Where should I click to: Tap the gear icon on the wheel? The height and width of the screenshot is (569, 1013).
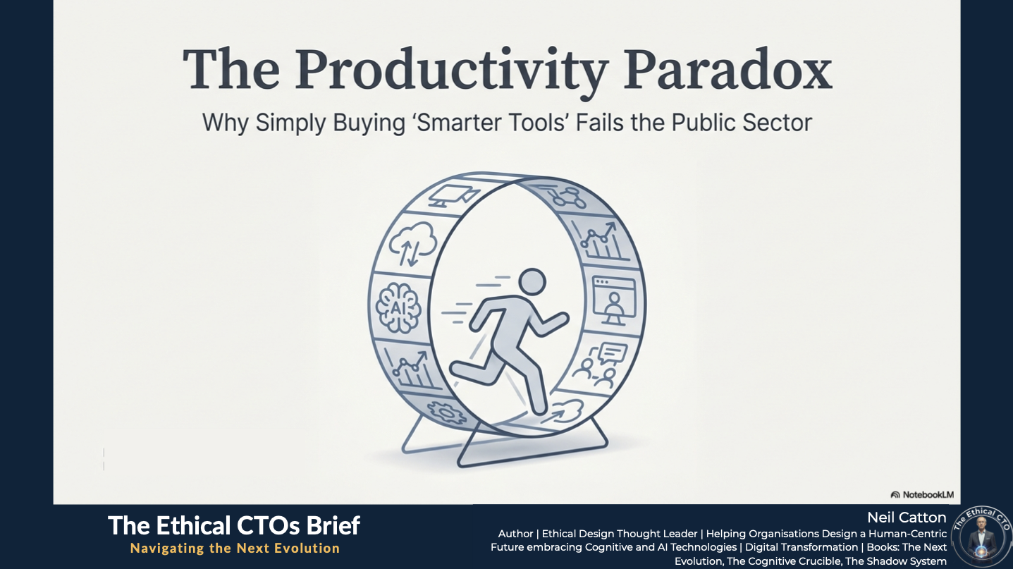(x=447, y=412)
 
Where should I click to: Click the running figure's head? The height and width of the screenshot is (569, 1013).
(x=532, y=282)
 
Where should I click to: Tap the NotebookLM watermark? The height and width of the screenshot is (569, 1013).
(x=922, y=494)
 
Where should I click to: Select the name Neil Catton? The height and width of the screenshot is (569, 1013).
(x=907, y=518)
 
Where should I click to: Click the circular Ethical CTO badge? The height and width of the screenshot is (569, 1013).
(x=981, y=537)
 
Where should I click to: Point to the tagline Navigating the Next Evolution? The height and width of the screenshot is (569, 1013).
(x=235, y=548)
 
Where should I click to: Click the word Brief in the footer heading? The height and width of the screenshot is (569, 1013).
(x=333, y=525)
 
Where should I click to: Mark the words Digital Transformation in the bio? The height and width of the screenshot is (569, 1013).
(x=802, y=547)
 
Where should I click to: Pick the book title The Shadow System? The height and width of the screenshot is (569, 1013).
(x=895, y=561)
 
